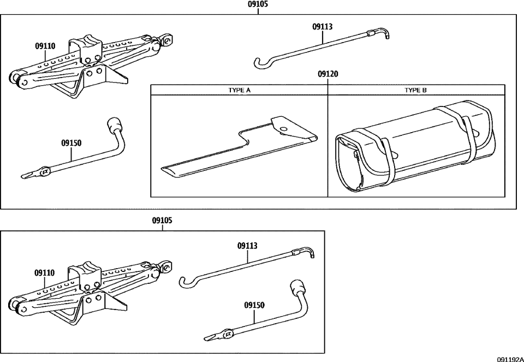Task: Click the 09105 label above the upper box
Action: [258, 4]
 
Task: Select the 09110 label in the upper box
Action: [45, 47]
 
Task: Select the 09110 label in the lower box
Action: [44, 272]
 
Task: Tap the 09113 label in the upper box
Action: [323, 26]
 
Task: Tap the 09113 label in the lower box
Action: [247, 246]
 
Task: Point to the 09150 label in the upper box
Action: [71, 143]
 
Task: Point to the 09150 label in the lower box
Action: [254, 306]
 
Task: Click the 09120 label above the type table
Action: [327, 74]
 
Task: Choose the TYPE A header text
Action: [239, 90]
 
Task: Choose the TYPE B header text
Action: [416, 90]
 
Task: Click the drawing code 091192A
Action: [510, 358]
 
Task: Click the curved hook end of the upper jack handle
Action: [261, 64]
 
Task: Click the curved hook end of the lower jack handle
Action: [186, 282]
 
